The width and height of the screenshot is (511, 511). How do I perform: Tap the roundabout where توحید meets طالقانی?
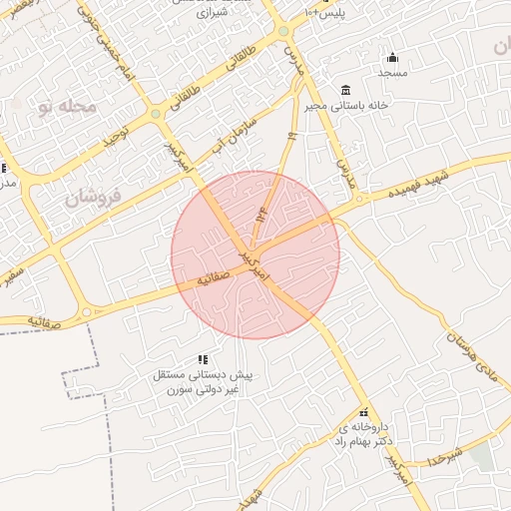pos(156,116)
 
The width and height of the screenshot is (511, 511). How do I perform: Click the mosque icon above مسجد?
pos(392,57)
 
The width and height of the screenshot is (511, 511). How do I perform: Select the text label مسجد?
pos(392,73)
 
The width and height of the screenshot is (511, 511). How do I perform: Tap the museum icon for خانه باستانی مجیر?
pos(345,90)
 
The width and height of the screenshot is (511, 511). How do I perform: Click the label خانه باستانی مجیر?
pos(345,105)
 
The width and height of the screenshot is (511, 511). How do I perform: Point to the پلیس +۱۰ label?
pos(326,10)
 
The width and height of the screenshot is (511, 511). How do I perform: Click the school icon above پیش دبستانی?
pos(203,359)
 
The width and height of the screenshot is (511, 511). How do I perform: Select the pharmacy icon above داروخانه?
pos(363,413)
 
